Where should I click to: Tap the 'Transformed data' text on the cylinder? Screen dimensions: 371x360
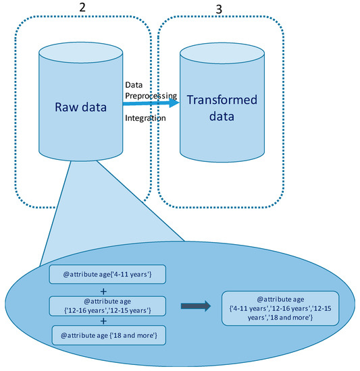click(x=222, y=107)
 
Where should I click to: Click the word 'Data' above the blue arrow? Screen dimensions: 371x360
click(x=134, y=84)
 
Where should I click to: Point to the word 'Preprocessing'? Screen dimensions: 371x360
click(x=151, y=95)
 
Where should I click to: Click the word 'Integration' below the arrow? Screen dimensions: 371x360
click(x=147, y=119)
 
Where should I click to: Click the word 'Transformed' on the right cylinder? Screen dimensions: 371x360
click(x=222, y=101)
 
